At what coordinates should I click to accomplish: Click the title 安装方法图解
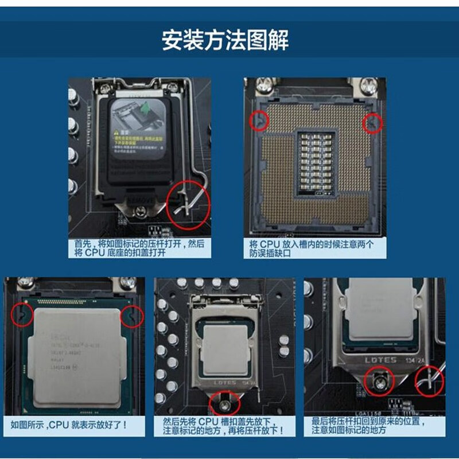[225, 41]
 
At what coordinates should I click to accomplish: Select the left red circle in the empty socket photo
[260, 119]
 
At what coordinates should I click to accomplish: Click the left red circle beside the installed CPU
[22, 313]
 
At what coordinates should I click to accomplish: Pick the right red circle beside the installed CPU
[131, 315]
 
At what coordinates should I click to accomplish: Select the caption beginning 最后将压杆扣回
[374, 425]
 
